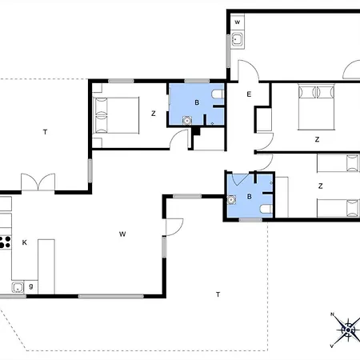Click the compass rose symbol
348,330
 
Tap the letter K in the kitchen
24,242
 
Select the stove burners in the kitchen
5,242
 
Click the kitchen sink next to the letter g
18,287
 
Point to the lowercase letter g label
31,286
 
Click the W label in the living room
122,234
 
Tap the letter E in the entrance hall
249,94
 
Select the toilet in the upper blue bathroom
218,94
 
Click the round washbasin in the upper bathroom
187,121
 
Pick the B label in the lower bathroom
250,197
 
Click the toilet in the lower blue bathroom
266,209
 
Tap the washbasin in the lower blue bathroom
231,199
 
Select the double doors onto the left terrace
38,182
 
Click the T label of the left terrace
45,132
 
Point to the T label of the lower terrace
218,294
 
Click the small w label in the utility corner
237,22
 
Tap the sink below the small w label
237,40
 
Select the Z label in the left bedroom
154,114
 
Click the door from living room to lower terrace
174,227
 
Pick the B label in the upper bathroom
197,102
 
